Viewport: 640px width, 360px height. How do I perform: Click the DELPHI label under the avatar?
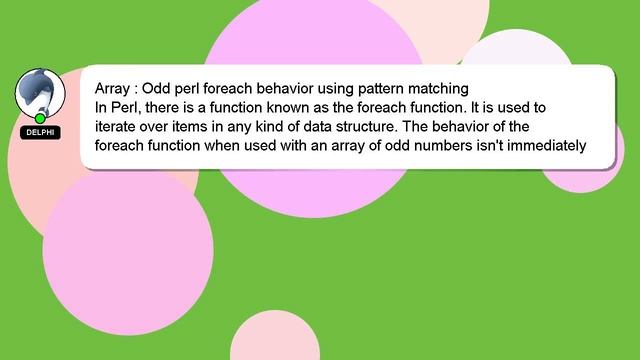40,132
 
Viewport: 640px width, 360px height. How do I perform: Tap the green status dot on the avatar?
40,118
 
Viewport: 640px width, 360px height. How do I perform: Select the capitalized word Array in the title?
113,87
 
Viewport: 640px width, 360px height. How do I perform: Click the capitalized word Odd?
160,87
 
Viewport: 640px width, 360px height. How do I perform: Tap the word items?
201,125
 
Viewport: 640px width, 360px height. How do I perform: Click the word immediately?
546,144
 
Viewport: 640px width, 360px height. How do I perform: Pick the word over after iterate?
163,125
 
